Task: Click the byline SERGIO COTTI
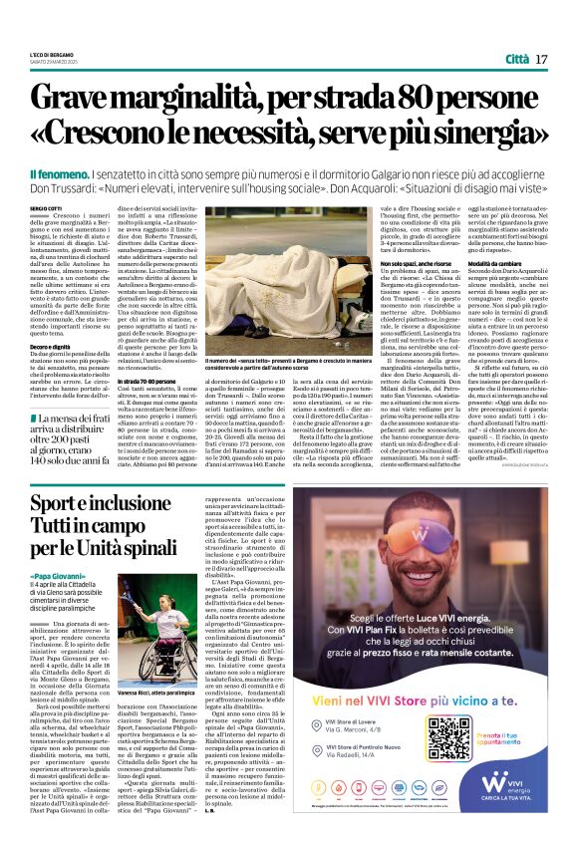click(x=45, y=207)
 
